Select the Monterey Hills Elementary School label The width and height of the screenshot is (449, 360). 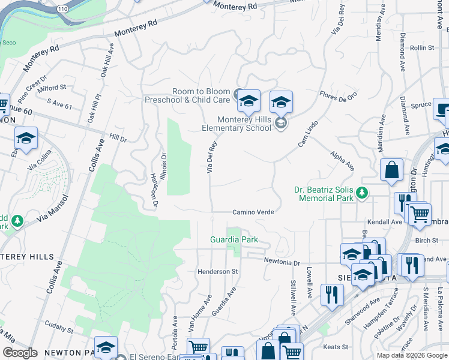pyautogui.click(x=236, y=124)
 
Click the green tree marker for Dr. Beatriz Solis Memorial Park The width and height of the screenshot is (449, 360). pyautogui.click(x=361, y=193)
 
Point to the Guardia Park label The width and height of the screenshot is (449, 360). pyautogui.click(x=234, y=239)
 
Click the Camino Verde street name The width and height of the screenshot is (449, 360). pyautogui.click(x=253, y=212)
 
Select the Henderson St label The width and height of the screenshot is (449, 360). pyautogui.click(x=218, y=272)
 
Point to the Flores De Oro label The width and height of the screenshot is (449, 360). pyautogui.click(x=338, y=95)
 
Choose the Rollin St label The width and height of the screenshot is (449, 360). pyautogui.click(x=422, y=47)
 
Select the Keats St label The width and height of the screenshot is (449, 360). pyautogui.click(x=336, y=347)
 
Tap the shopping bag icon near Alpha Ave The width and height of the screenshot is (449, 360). pyautogui.click(x=391, y=169)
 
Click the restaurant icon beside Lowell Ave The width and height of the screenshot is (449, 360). pyautogui.click(x=331, y=295)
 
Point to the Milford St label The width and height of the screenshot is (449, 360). pyautogui.click(x=52, y=88)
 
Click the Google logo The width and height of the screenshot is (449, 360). pyautogui.click(x=19, y=353)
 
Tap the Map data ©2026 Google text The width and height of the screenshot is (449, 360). pyautogui.click(x=411, y=355)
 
